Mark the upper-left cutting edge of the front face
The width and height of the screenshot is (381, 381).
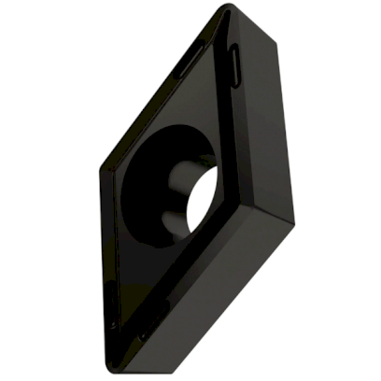tap(159, 93)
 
